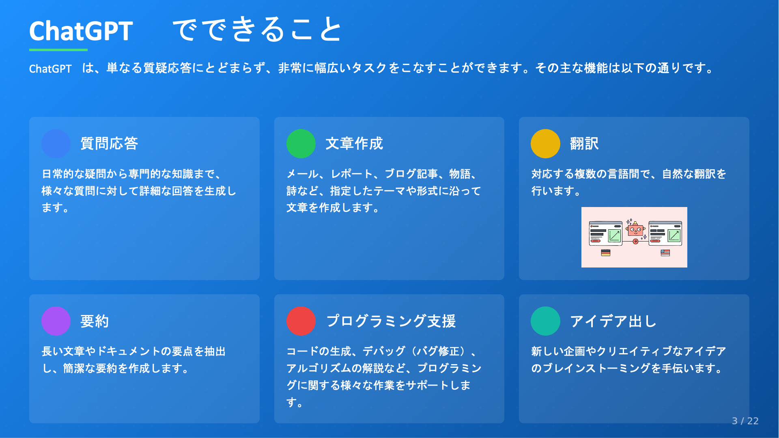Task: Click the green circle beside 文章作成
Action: (x=301, y=144)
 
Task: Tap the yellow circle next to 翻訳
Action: (x=545, y=144)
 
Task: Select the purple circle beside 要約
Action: (x=56, y=321)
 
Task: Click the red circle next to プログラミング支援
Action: (x=301, y=321)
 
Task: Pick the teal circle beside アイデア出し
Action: (x=545, y=321)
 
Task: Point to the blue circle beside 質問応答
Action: (x=56, y=144)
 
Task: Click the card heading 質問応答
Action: (x=109, y=144)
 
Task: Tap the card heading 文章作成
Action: (x=354, y=144)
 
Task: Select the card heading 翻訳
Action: (x=584, y=144)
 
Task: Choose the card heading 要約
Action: (x=95, y=321)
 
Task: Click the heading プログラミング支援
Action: (x=391, y=321)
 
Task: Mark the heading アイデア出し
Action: (x=613, y=321)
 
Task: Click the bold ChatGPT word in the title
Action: (x=81, y=31)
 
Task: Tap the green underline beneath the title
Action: (x=58, y=50)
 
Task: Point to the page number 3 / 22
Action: (x=745, y=421)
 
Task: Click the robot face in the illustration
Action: (x=635, y=230)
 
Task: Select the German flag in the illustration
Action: (x=606, y=253)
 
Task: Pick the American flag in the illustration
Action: (x=665, y=253)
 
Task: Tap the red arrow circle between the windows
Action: (x=635, y=242)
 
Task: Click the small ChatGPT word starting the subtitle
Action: (x=50, y=69)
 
